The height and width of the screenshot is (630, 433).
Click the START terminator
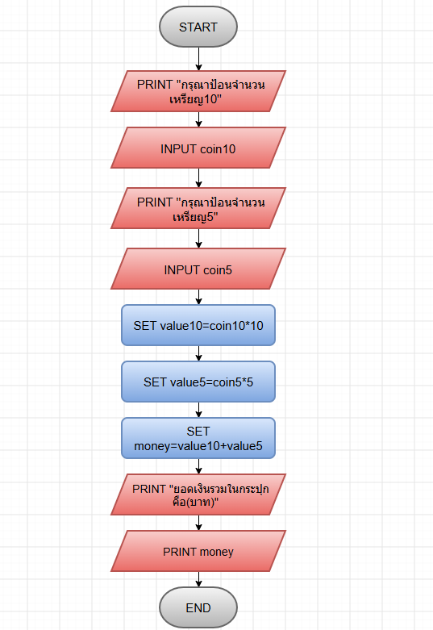tap(198, 27)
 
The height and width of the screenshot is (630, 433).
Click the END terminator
tap(198, 607)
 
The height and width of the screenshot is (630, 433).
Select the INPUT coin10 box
tap(198, 148)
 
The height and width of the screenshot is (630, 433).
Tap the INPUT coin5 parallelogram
tap(198, 269)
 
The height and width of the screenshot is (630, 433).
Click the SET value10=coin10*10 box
tap(198, 325)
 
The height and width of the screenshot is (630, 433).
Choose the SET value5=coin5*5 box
tap(198, 382)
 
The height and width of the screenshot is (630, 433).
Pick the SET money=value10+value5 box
tap(198, 438)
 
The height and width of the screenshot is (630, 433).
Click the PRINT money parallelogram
tap(198, 551)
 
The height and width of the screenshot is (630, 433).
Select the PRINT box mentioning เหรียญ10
tap(198, 91)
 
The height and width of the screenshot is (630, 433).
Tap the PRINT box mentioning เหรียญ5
tap(198, 208)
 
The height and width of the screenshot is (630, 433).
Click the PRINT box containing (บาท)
tap(198, 494)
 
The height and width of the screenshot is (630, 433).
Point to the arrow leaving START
tap(198, 59)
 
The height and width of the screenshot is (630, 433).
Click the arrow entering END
tap(198, 579)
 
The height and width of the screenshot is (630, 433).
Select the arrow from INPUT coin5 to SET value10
tap(198, 297)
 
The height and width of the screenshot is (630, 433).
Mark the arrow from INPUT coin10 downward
tap(198, 178)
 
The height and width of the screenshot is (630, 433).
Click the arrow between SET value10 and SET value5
tap(198, 353)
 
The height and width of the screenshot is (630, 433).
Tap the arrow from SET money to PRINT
tap(198, 466)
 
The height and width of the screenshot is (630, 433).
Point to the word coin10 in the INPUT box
tap(218, 149)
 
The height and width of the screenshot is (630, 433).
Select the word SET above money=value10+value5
tap(198, 431)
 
